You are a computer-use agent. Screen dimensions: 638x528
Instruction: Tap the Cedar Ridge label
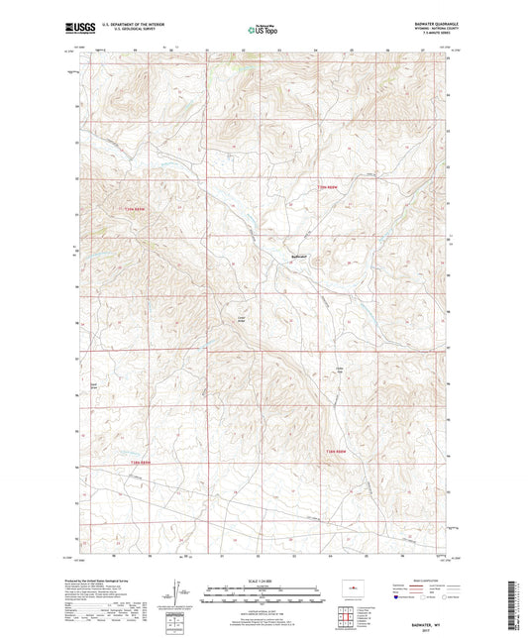pos(241,319)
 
